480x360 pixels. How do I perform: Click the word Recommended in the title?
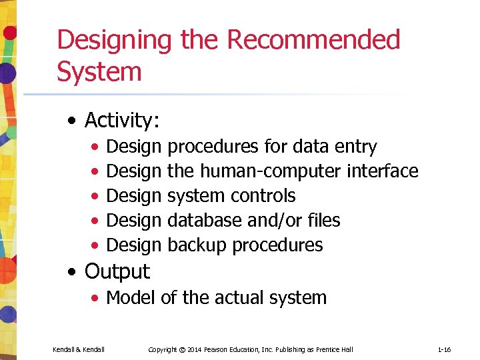pos(313,40)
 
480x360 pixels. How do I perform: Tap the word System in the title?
pos(99,71)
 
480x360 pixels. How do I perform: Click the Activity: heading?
pos(122,120)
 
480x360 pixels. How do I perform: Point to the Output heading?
pos(117,271)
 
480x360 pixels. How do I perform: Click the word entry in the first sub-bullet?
pos(355,147)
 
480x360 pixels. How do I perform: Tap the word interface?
pos(383,171)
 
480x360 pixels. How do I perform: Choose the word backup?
pos(197,245)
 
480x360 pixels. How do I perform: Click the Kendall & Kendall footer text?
pos(79,349)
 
